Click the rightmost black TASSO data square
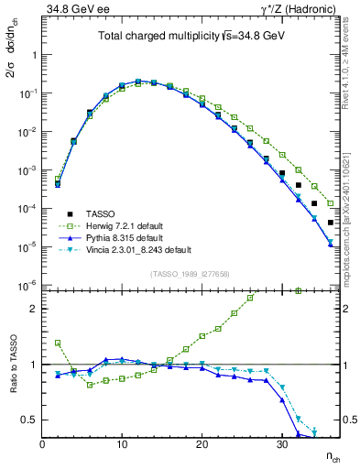(331, 223)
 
